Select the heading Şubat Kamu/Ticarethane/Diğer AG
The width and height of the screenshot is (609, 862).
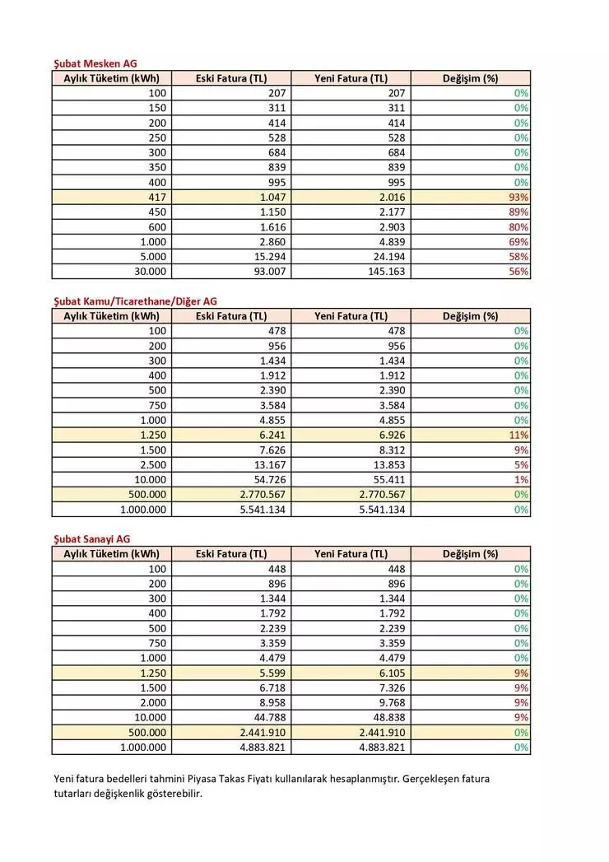coord(135,301)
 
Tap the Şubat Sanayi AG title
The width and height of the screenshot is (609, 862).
coord(91,538)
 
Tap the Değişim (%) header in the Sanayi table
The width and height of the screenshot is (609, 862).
coord(471,554)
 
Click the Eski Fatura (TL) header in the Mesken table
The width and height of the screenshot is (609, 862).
coord(231,79)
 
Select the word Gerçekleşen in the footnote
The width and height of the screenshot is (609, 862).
coord(434,778)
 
